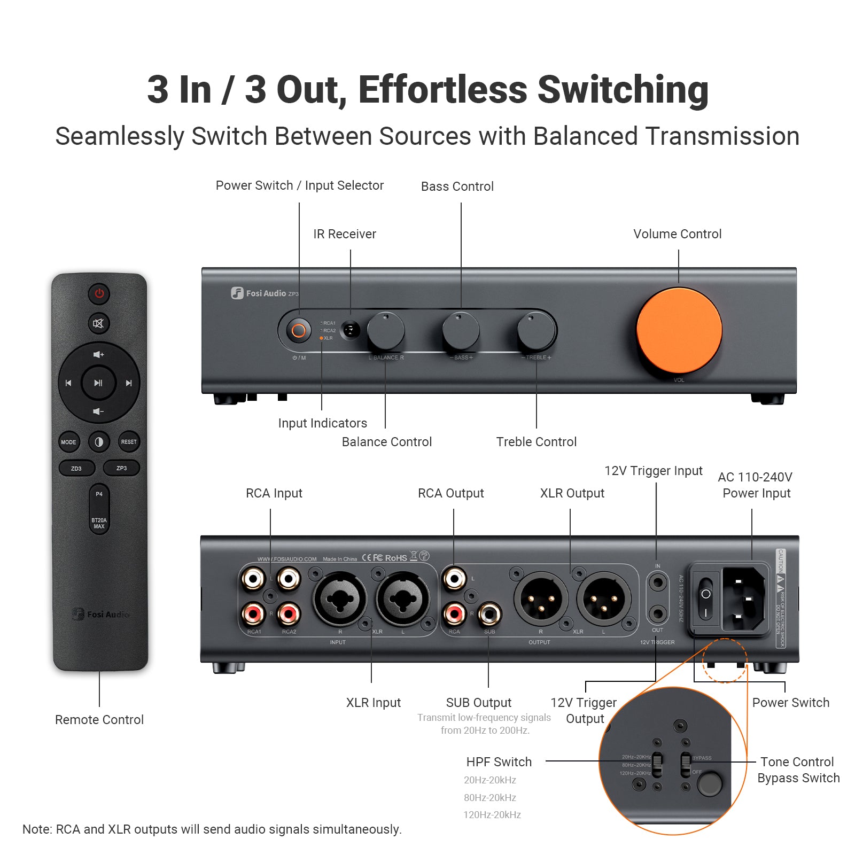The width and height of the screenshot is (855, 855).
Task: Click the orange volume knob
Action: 679,331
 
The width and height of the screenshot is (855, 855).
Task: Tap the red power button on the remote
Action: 99,293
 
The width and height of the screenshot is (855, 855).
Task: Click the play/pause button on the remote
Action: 98,383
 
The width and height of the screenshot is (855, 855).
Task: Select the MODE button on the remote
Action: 68,442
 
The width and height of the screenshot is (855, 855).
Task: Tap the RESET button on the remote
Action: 129,442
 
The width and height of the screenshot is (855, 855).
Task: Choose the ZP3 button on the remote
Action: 122,468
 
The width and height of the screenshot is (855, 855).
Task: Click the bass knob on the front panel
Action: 461,330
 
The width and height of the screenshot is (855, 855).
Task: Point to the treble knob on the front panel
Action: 536,330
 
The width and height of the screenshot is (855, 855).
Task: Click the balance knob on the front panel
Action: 385,330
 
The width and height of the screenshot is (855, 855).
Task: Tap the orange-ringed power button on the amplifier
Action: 299,331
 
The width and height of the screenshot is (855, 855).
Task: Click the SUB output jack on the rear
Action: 489,614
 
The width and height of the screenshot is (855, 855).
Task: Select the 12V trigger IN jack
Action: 658,582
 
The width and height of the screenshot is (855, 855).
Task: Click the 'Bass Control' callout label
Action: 457,186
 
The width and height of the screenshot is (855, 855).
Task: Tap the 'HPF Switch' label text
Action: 499,762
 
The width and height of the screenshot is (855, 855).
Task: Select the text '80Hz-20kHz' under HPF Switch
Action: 490,798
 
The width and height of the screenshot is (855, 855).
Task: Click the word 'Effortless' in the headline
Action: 443,89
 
